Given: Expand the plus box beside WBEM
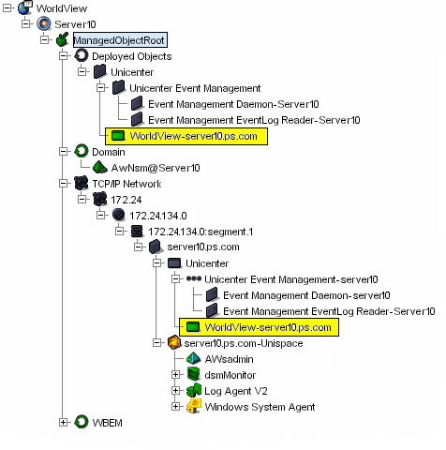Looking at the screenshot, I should pos(64,422).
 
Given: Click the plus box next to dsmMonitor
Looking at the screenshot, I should pos(175,375).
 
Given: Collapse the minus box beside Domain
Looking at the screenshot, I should pos(64,152).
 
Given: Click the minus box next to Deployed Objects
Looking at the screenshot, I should pos(64,56).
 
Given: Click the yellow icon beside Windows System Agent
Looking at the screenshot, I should pos(192,407).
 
